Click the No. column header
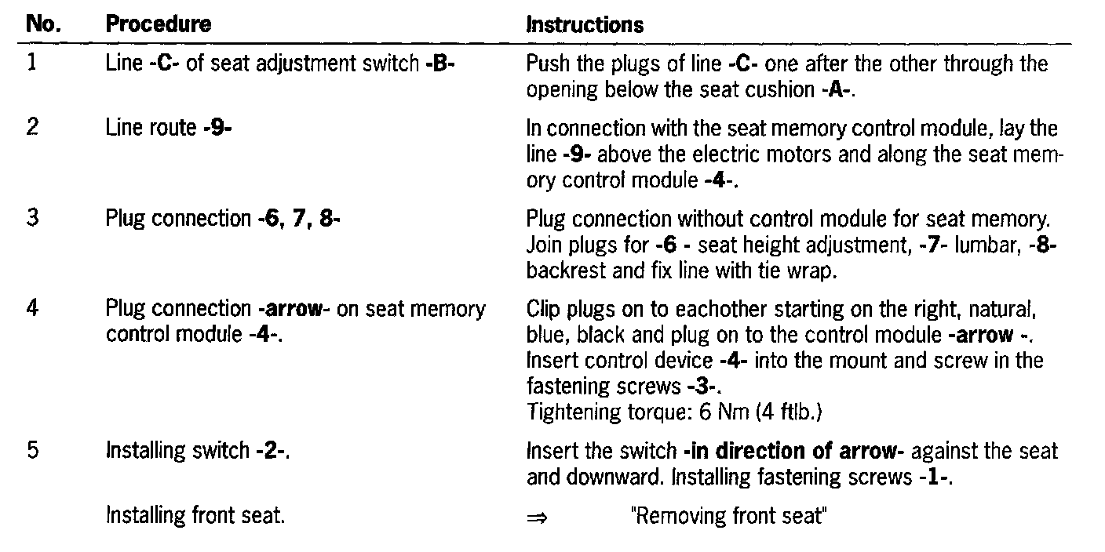click(x=44, y=24)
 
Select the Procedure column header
click(x=159, y=24)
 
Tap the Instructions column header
click(x=585, y=25)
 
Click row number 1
click(x=32, y=64)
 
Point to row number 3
click(x=32, y=218)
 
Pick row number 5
click(x=32, y=451)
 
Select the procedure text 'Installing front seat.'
click(x=195, y=517)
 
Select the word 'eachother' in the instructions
click(x=720, y=310)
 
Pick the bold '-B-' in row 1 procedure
click(x=439, y=64)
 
